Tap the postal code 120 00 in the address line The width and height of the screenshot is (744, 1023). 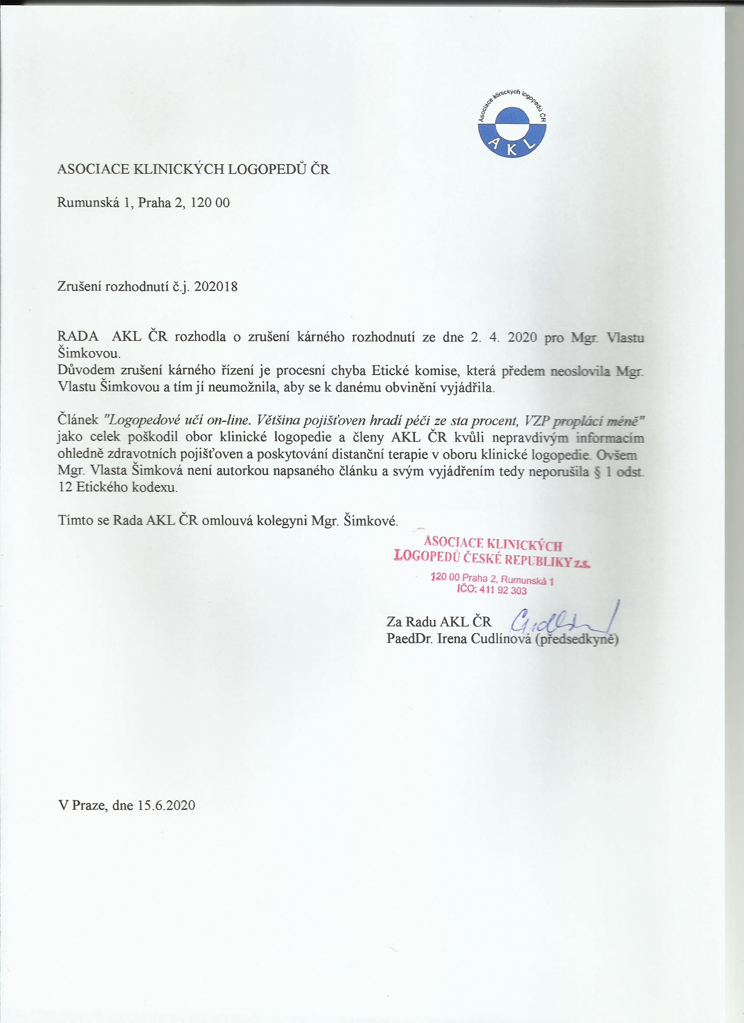[210, 203]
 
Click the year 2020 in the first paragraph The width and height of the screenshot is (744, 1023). [523, 339]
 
